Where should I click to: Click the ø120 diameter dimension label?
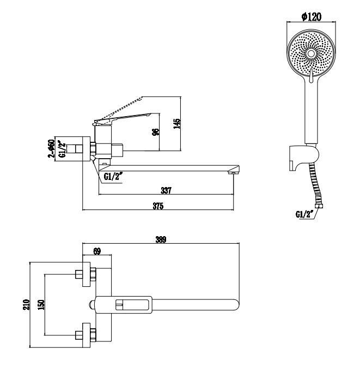[311, 17]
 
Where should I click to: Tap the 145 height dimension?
[176, 123]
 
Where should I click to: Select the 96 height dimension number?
[156, 132]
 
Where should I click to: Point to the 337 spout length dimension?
[166, 190]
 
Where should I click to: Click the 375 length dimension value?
[158, 206]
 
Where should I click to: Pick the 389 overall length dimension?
[161, 239]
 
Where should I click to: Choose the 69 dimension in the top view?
[97, 251]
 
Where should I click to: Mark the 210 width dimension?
[27, 304]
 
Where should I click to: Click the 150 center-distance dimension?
[41, 304]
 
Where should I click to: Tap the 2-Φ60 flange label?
[51, 148]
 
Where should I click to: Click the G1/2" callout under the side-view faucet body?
[113, 176]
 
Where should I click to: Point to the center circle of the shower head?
[311, 53]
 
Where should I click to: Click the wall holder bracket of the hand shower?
[304, 158]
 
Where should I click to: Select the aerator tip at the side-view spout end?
[233, 173]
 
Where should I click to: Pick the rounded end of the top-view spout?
[236, 305]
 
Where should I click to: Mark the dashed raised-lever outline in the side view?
[118, 110]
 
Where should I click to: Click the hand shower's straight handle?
[311, 111]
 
